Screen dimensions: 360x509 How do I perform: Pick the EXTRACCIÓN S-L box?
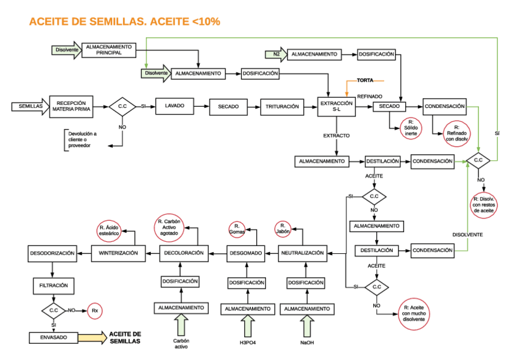click(x=337, y=107)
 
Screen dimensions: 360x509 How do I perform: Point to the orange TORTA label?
click(x=366, y=80)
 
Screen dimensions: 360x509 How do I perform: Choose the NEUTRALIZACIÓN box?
click(x=303, y=253)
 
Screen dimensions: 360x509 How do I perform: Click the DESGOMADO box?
click(x=245, y=253)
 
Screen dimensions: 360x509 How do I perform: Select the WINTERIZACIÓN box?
click(x=118, y=253)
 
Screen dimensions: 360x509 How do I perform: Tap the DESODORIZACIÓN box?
click(x=52, y=253)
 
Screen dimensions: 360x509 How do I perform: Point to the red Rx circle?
click(x=94, y=310)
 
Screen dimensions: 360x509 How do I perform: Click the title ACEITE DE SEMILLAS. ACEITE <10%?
click(x=124, y=22)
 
